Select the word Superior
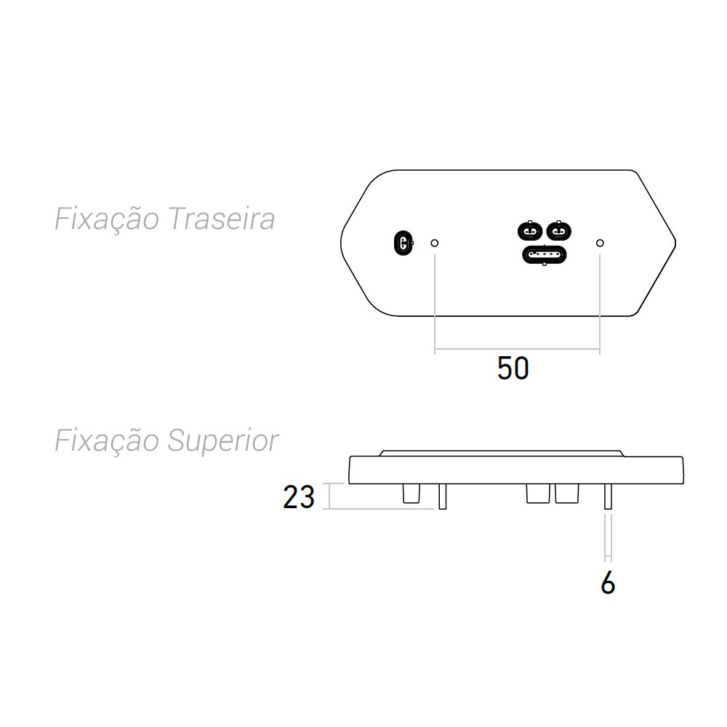tap(223, 441)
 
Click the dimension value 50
tap(513, 369)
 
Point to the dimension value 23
tap(299, 497)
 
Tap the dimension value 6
tap(608, 582)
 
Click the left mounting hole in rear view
tap(435, 243)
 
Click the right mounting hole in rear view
tap(600, 243)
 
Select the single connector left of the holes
tap(403, 243)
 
